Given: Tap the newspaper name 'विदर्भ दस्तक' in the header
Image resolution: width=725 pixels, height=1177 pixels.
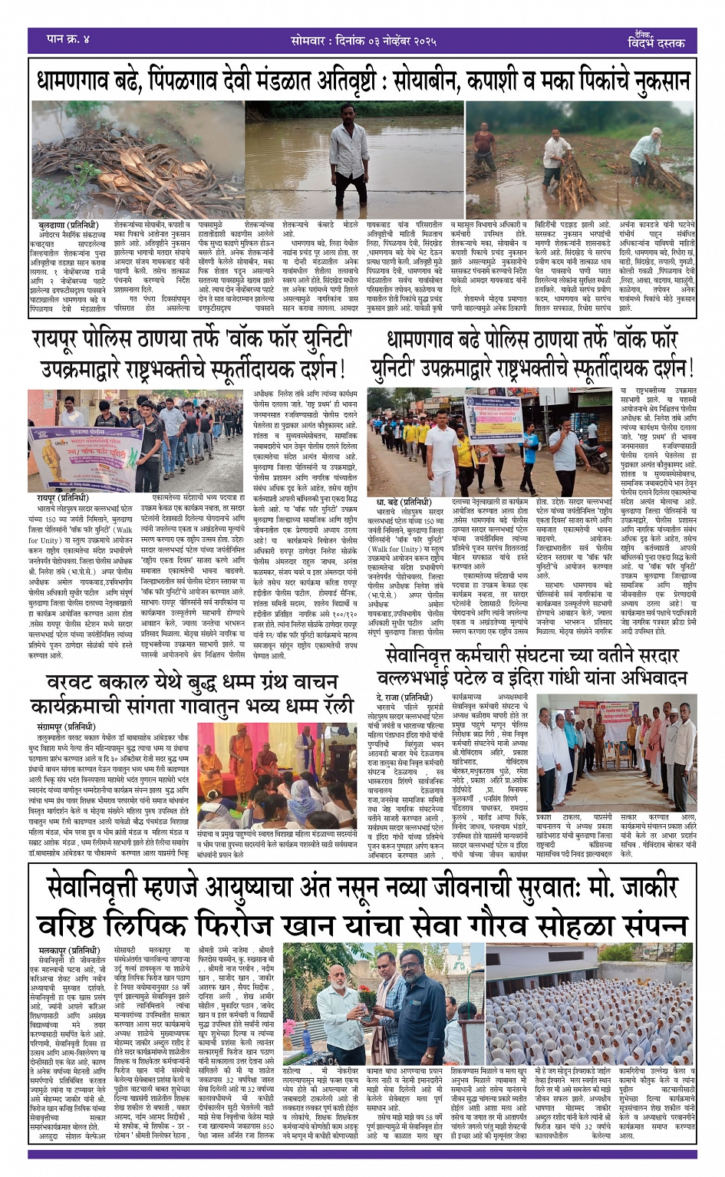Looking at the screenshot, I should click(x=657, y=44).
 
